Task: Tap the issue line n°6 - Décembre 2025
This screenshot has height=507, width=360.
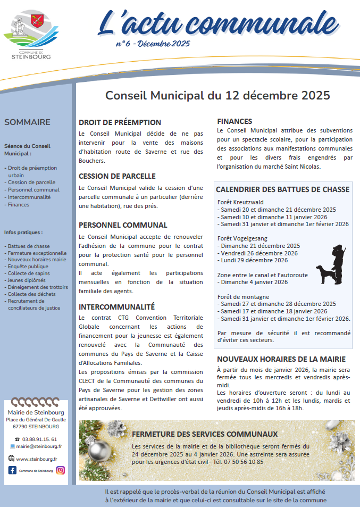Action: tap(153, 44)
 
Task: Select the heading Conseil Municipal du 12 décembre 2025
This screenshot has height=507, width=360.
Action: tap(217, 96)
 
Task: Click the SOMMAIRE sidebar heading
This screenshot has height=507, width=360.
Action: tap(27, 122)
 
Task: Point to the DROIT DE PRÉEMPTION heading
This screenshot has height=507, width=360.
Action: tap(120, 122)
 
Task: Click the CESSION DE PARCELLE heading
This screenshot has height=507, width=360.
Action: tap(117, 176)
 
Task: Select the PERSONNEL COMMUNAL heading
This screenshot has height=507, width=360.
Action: tap(123, 225)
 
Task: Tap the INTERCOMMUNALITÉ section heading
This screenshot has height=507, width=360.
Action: tap(116, 307)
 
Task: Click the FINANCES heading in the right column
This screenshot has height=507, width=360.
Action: tap(235, 121)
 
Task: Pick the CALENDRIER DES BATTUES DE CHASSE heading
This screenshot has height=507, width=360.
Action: tap(282, 189)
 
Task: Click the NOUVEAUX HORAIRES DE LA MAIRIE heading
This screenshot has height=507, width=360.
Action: tap(281, 359)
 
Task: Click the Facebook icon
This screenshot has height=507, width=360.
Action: tap(12, 470)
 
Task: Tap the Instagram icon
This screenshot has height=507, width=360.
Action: tap(61, 470)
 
